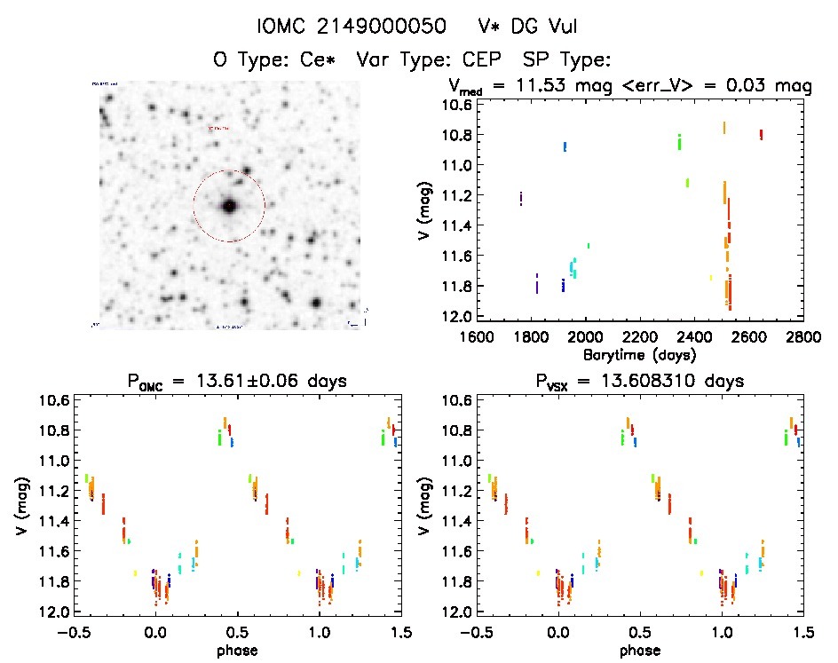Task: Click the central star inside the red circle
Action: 229,206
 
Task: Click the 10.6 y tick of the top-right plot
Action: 455,105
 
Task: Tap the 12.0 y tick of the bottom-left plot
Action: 52,612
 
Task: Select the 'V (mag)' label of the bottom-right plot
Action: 426,506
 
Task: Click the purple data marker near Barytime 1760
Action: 520,198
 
